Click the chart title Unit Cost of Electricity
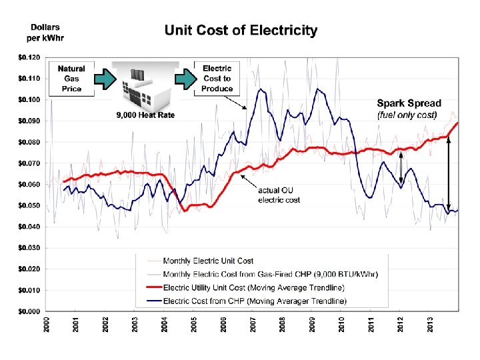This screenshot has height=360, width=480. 241,31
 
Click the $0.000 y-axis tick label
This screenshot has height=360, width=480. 29,311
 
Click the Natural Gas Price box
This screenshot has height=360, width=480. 71,79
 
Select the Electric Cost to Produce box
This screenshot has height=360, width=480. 217,79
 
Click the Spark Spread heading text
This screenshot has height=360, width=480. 409,103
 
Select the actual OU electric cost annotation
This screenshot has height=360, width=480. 279,194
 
